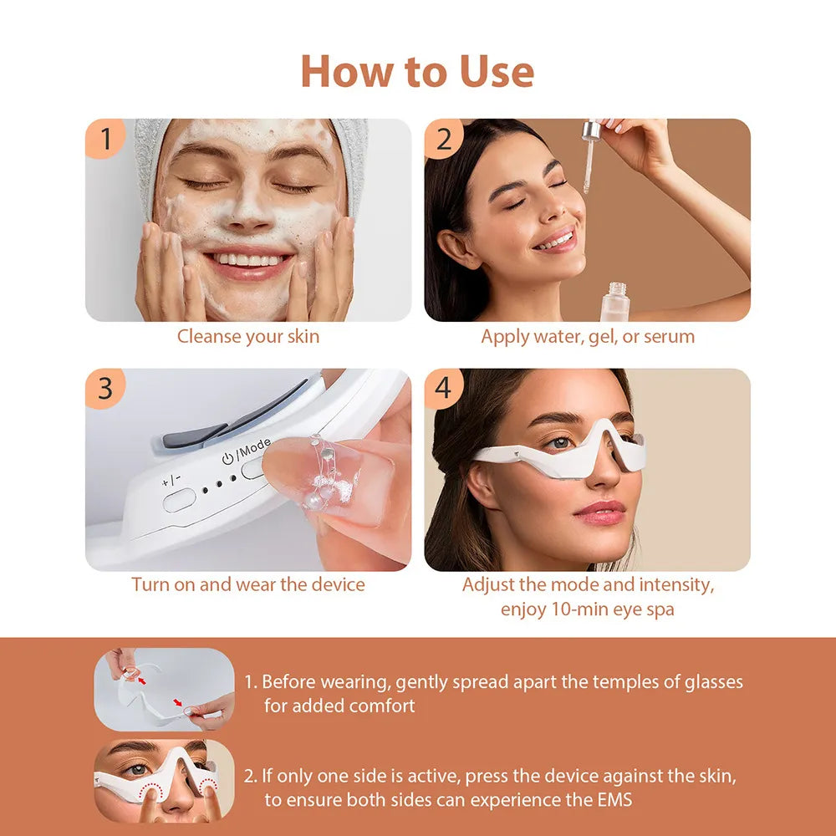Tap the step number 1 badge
coord(105,139)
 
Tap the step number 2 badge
coord(444,139)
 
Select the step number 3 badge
coord(105,389)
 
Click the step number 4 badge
coord(444,389)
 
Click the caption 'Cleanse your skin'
coord(247,337)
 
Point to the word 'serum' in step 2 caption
coord(669,337)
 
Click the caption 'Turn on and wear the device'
coord(247,584)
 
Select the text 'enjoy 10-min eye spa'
coord(587,609)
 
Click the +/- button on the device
coord(179,500)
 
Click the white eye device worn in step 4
coord(558,456)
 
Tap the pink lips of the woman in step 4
coord(599,512)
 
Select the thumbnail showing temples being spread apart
coord(164,689)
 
